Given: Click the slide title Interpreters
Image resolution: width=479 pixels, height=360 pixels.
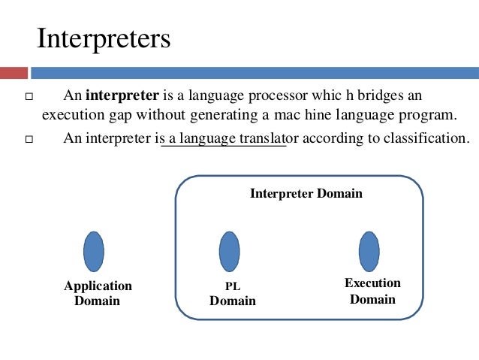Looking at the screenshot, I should tap(104, 39).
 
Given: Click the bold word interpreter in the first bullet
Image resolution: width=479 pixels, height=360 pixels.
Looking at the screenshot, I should tap(121, 96).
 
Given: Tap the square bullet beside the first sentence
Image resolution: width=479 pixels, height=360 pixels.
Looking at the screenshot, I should tap(29, 98).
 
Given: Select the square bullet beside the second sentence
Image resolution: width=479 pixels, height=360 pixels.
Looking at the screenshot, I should tap(29, 140).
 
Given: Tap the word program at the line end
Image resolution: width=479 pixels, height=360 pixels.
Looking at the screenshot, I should tap(429, 116).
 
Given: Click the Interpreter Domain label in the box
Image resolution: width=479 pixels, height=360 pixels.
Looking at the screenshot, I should tap(306, 193).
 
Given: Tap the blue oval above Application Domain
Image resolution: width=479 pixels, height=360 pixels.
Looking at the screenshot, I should tap(94, 251).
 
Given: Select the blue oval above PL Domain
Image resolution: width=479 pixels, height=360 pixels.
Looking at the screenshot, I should tap(229, 251).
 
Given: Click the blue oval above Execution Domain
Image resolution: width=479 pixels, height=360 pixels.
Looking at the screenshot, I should tap(369, 251).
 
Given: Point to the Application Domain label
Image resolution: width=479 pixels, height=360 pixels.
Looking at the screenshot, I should tap(98, 293).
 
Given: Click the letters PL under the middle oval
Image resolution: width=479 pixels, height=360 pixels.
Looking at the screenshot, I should tap(232, 286).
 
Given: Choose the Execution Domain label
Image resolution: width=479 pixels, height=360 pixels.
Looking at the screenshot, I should tap(372, 291).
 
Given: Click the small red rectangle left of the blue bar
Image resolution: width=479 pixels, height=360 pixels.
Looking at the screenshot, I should tap(13, 74).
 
